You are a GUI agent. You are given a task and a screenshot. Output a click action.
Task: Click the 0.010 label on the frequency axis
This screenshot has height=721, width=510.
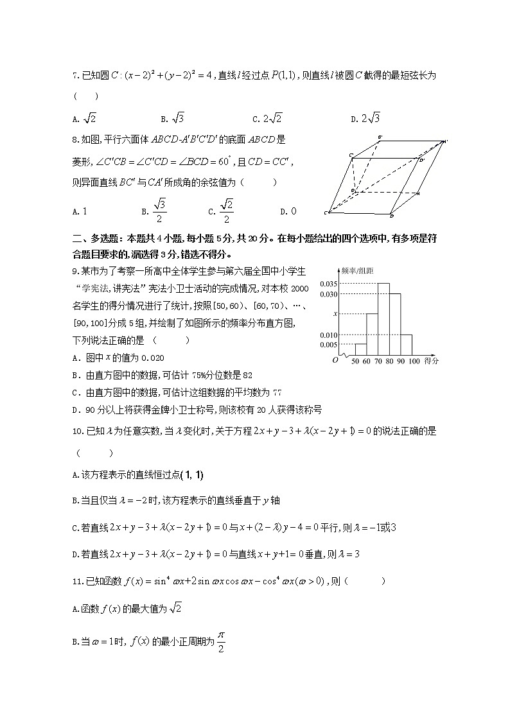point(328,335)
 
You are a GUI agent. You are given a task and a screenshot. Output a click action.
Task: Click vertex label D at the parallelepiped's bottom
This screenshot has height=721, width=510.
point(391,215)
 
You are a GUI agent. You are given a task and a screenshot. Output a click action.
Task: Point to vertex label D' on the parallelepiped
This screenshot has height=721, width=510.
point(422,159)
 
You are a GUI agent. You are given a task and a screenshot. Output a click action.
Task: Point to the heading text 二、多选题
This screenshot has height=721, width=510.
point(94,237)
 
